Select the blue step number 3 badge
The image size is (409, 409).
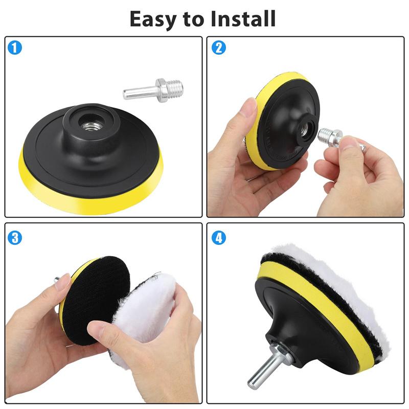[x=15, y=237]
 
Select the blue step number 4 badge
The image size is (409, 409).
[x=219, y=237]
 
